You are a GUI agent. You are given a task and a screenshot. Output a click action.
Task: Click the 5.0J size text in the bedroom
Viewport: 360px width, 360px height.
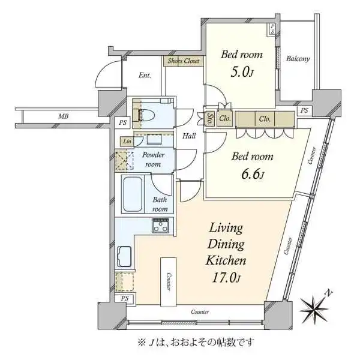pyautogui.click(x=242, y=73)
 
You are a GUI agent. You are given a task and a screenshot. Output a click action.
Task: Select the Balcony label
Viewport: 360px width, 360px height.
pyautogui.click(x=297, y=59)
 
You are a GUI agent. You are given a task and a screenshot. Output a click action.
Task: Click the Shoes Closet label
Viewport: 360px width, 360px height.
pyautogui.click(x=184, y=61)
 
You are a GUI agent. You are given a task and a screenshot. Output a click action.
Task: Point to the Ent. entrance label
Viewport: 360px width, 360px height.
pyautogui.click(x=145, y=76)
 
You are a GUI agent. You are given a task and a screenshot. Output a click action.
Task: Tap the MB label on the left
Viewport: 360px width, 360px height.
pyautogui.click(x=63, y=116)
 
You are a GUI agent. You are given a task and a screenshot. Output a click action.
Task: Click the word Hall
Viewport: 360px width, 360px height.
pyautogui.click(x=190, y=136)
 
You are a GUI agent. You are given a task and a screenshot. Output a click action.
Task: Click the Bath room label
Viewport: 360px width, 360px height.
pyautogui.click(x=160, y=204)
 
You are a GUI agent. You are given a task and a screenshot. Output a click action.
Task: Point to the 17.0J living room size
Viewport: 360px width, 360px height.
pyautogui.click(x=225, y=277)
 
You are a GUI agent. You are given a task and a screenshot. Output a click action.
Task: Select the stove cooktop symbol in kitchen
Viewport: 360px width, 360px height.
pyautogui.click(x=161, y=226)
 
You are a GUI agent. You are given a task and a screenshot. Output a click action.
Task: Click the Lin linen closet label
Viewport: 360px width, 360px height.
pyautogui.click(x=127, y=141)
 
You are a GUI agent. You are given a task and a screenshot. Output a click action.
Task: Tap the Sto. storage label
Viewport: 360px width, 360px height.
pyautogui.click(x=211, y=118)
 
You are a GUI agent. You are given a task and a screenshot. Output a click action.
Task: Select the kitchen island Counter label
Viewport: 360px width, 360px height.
pyautogui.click(x=169, y=281)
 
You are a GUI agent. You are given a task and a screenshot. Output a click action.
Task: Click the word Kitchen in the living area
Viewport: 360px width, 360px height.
pyautogui.click(x=226, y=261)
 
